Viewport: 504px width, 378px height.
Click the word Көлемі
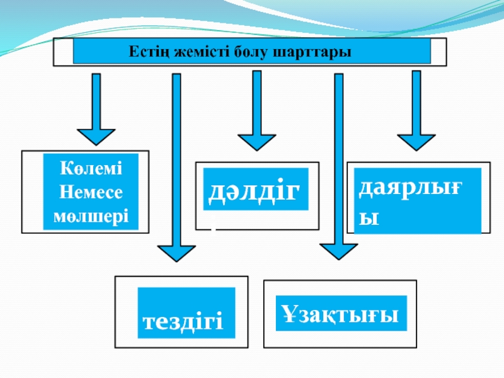(91, 168)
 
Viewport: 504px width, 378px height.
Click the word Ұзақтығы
(341, 313)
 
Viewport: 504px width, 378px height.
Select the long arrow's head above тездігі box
(176, 253)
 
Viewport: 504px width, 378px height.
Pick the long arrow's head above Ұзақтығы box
(339, 251)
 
